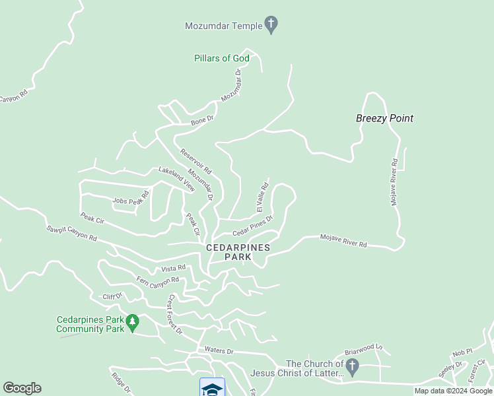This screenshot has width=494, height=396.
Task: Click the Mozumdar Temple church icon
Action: pos(270,25)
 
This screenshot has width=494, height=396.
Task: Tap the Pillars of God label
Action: pos(222,58)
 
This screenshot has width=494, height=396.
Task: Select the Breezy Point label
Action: pos(384,118)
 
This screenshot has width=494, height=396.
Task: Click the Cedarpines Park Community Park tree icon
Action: pos(133,323)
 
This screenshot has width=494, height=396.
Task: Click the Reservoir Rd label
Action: pos(195,160)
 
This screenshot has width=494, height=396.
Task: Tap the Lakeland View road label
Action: pos(176,179)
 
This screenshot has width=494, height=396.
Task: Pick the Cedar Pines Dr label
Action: pos(252,226)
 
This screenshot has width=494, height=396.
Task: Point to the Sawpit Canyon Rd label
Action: pos(71,233)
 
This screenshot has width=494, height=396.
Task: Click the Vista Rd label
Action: pos(174,268)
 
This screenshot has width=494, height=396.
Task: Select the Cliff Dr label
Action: pos(113,296)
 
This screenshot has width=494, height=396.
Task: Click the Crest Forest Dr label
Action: pos(174,314)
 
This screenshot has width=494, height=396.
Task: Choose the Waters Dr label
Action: pos(219,351)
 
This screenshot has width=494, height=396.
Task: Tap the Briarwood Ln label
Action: pos(363,346)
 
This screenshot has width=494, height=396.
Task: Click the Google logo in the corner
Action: pos(22,388)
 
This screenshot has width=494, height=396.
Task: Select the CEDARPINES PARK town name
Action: pos(238,251)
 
